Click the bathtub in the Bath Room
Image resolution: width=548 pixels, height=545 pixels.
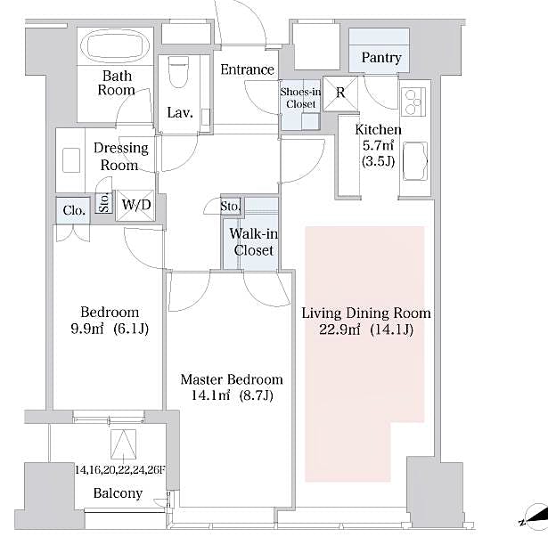tap(116, 46)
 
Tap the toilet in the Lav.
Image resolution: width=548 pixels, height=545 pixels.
tap(179, 81)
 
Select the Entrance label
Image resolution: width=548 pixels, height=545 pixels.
tap(247, 69)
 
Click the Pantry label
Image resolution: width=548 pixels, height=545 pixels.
tap(380, 59)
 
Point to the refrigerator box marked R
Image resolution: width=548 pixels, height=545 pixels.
tap(340, 90)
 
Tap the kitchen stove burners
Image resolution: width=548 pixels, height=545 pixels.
tap(414, 105)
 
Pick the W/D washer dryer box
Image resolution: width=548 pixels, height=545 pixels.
tap(136, 206)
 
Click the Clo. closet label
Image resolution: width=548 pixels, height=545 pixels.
tap(74, 210)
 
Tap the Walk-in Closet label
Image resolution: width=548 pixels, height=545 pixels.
tap(253, 242)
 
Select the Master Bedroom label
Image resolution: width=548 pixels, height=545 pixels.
tap(231, 378)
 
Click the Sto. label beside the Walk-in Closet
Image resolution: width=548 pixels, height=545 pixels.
tap(231, 207)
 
